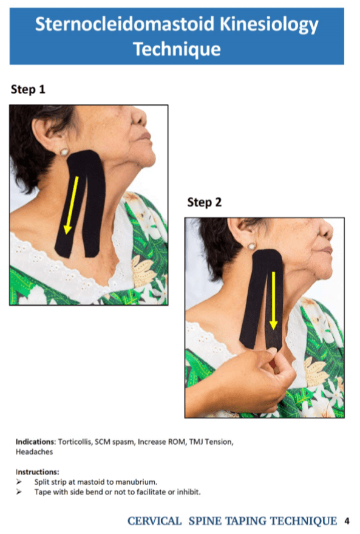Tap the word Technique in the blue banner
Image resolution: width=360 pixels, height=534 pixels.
pyautogui.click(x=177, y=49)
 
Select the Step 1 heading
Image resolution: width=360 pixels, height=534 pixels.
pyautogui.click(x=28, y=90)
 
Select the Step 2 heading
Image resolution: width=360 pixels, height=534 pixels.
pyautogui.click(x=204, y=202)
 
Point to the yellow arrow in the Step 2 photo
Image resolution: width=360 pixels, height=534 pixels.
pyautogui.click(x=274, y=300)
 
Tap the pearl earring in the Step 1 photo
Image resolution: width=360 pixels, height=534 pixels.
pyautogui.click(x=63, y=151)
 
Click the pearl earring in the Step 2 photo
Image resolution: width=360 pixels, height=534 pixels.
pyautogui.click(x=251, y=246)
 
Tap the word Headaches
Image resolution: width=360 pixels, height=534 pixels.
pyautogui.click(x=35, y=451)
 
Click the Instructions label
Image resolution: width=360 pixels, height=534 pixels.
pyautogui.click(x=37, y=471)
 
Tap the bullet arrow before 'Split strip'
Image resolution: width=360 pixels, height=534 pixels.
pyautogui.click(x=19, y=481)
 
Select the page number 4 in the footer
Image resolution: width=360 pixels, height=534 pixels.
pyautogui.click(x=347, y=521)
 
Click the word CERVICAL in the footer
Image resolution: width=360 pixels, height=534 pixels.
pyautogui.click(x=154, y=521)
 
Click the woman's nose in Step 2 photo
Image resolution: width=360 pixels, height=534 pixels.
pyautogui.click(x=328, y=231)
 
